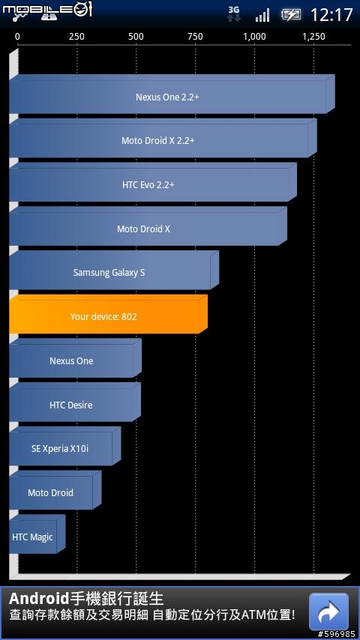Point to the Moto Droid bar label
click(x=51, y=492)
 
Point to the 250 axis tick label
click(x=76, y=37)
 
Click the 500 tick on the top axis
click(x=136, y=37)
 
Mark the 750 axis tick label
click(x=195, y=37)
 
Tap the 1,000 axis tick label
click(x=254, y=37)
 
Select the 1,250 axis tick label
click(x=313, y=37)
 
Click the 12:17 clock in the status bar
click(x=331, y=15)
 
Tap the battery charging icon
click(x=290, y=15)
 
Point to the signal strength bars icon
click(x=262, y=16)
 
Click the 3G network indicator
click(x=234, y=14)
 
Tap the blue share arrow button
click(x=329, y=612)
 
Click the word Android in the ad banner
click(x=38, y=600)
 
